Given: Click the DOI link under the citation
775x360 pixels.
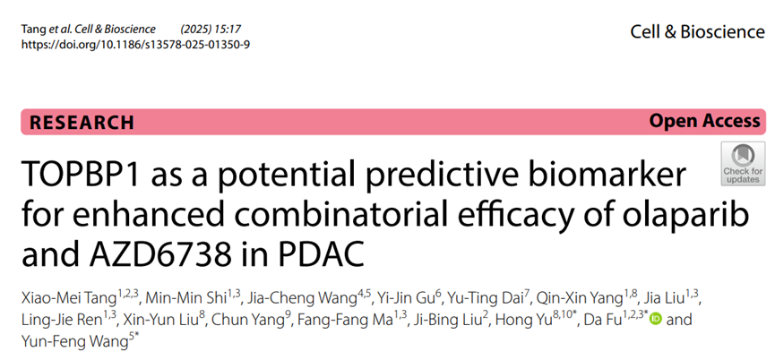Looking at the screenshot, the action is (135, 45).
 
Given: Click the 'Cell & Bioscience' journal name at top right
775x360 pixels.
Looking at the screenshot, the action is (697, 32).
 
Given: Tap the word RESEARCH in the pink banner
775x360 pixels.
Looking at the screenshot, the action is (82, 123).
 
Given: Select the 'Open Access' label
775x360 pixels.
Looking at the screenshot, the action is (705, 121).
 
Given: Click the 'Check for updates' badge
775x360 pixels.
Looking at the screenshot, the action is (743, 164).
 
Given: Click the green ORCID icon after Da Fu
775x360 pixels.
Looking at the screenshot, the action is (656, 319).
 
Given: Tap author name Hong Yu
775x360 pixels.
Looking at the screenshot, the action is (523, 320).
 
